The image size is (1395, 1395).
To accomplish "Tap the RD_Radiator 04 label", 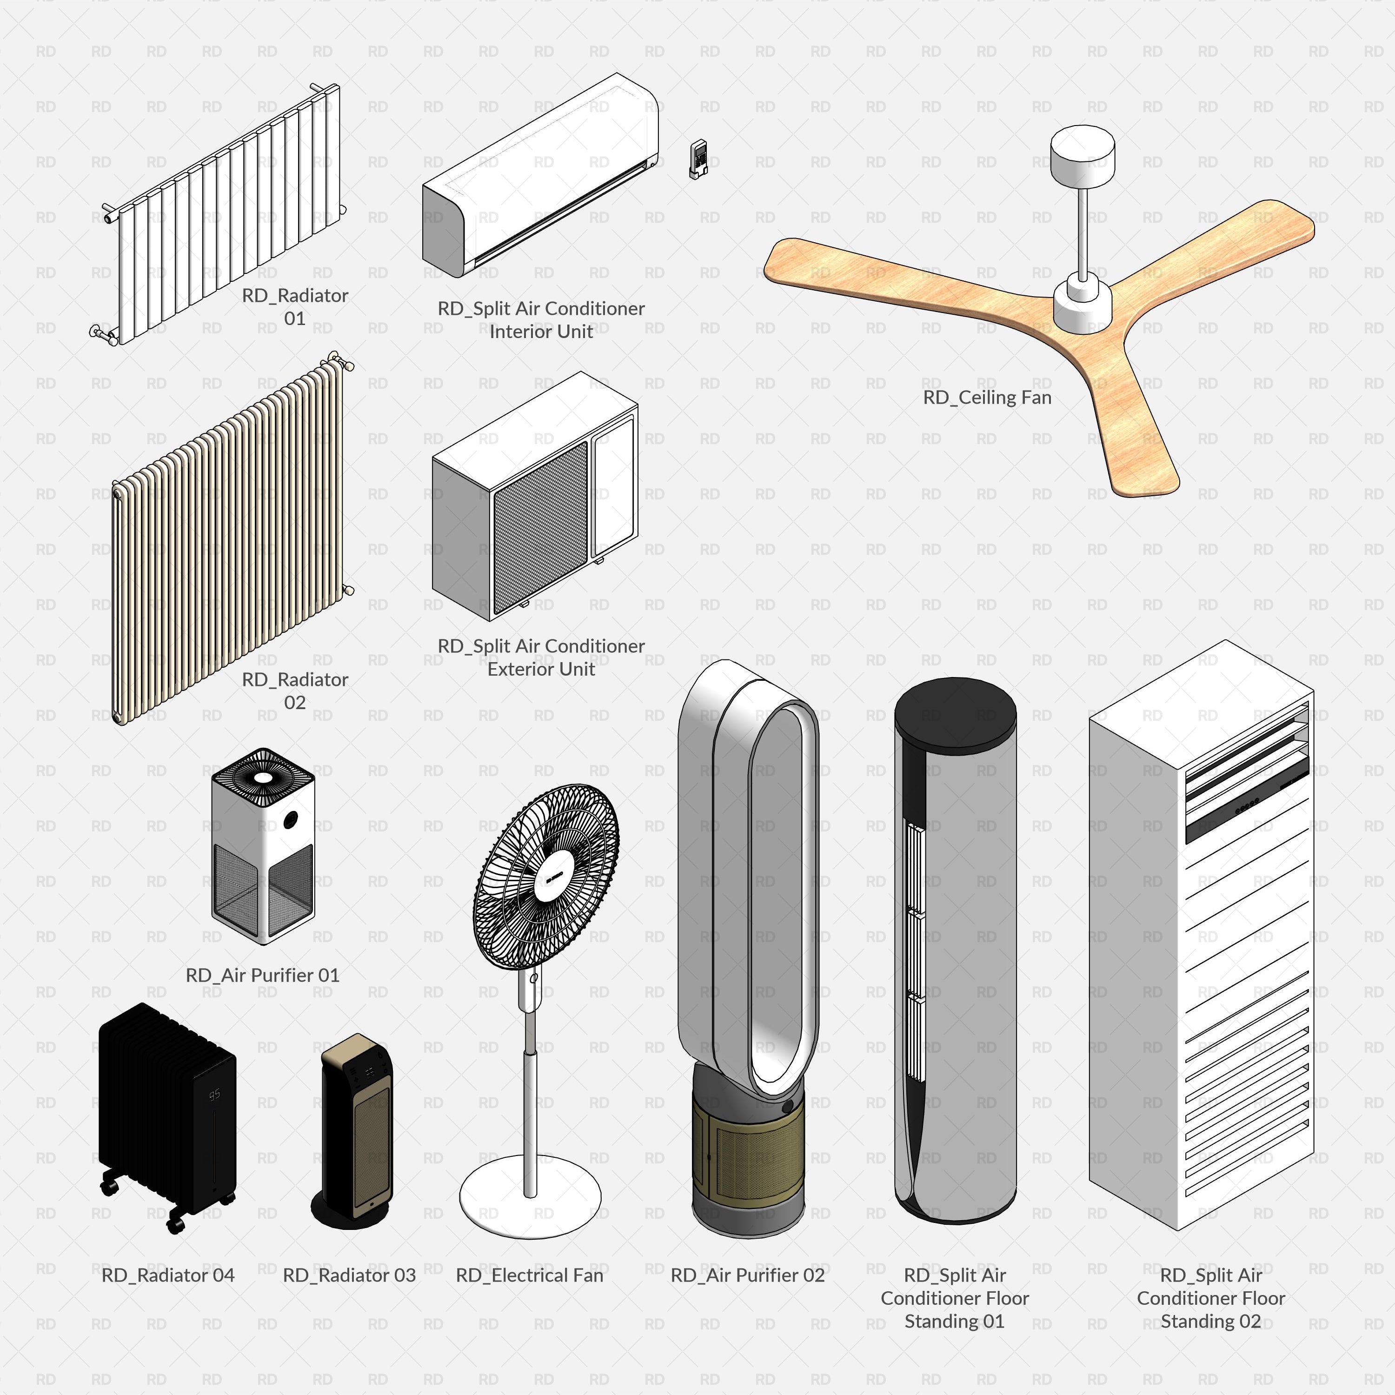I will (x=168, y=1275).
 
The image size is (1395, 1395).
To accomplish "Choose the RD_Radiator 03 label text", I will (x=350, y=1275).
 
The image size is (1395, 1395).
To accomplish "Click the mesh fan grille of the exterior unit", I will (x=540, y=527).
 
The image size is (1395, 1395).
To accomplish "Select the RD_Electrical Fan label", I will (x=529, y=1275).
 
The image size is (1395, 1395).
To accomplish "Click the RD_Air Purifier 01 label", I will (x=262, y=976).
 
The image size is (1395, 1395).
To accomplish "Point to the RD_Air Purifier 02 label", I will (x=747, y=1275).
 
